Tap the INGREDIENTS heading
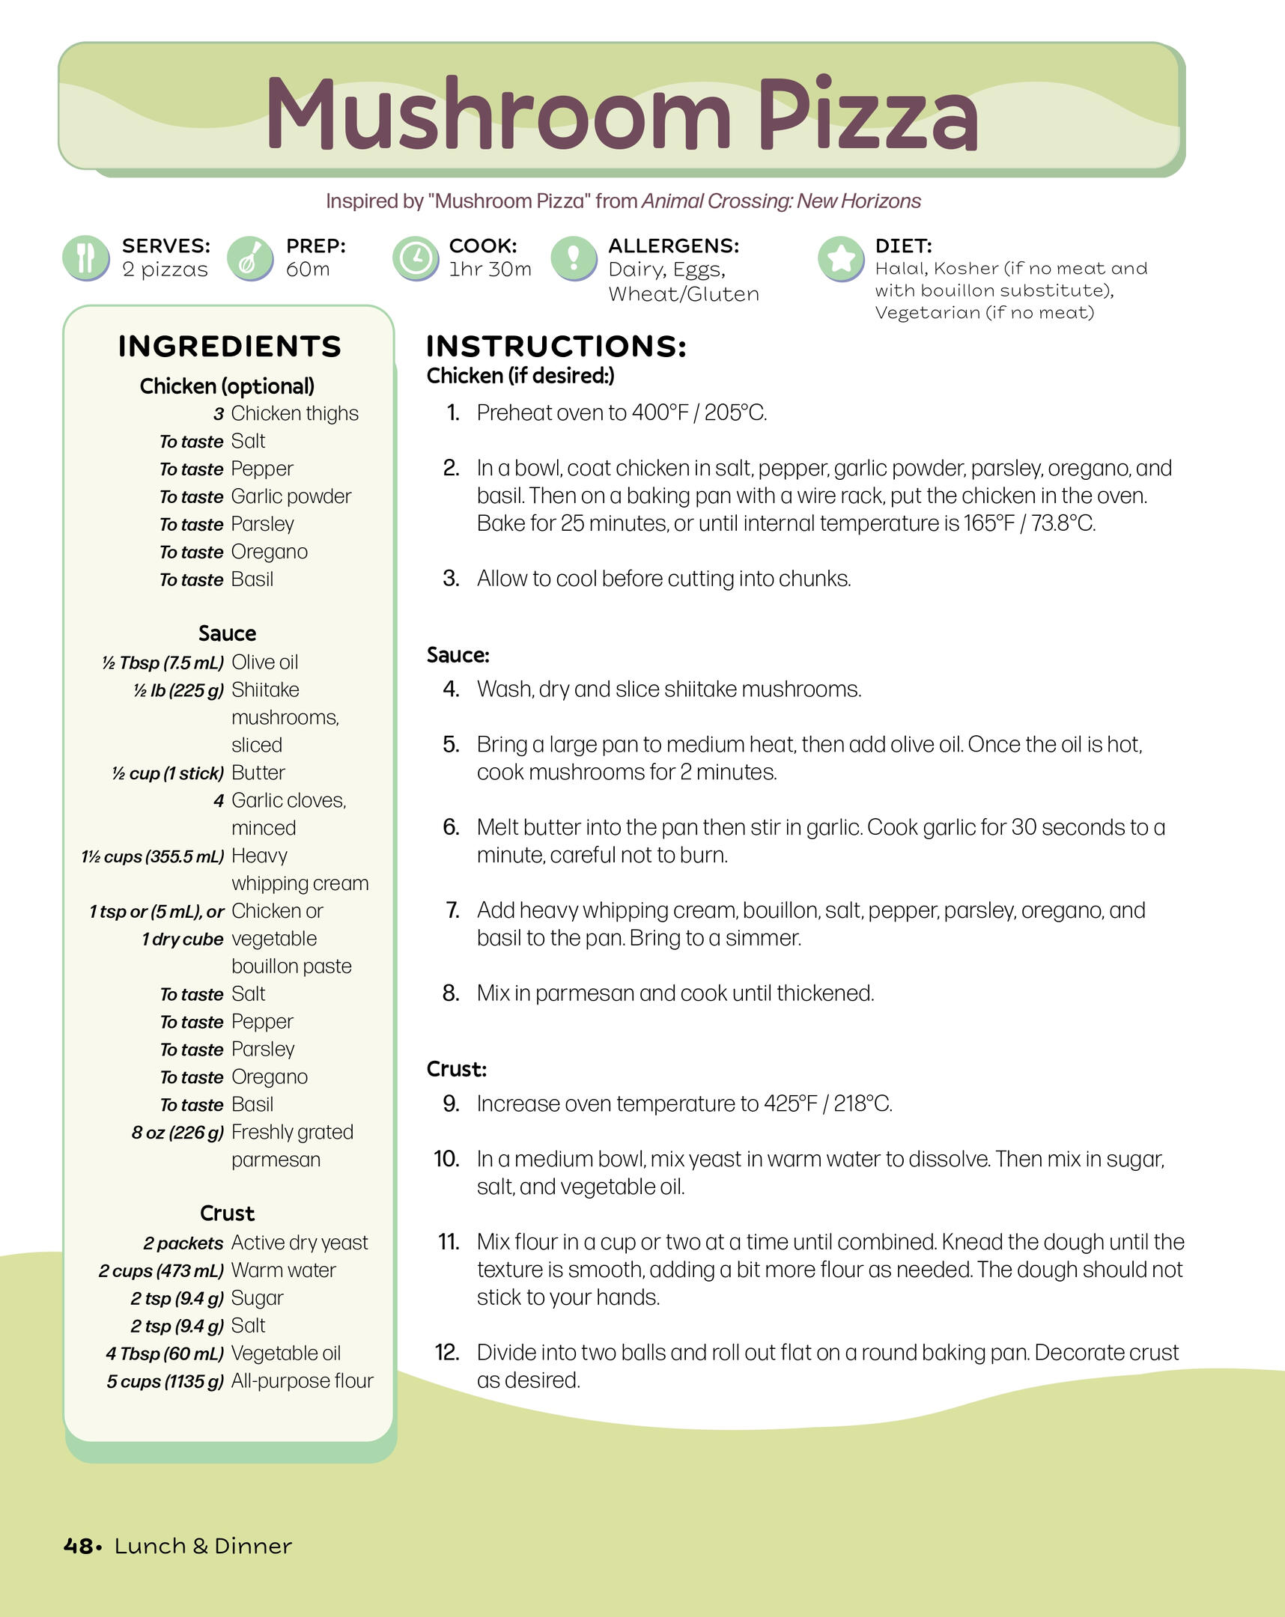(230, 347)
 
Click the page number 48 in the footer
(78, 1546)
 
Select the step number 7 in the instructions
(452, 910)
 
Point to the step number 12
(447, 1352)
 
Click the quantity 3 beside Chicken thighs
(219, 414)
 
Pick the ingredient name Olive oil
(265, 663)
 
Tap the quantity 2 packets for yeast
(183, 1243)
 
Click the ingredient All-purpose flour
(303, 1380)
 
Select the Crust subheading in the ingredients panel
(228, 1213)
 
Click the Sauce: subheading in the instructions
(458, 655)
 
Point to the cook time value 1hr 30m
(490, 269)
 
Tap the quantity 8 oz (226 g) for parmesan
(177, 1133)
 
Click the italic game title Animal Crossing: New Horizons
(781, 201)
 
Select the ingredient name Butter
(258, 773)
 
